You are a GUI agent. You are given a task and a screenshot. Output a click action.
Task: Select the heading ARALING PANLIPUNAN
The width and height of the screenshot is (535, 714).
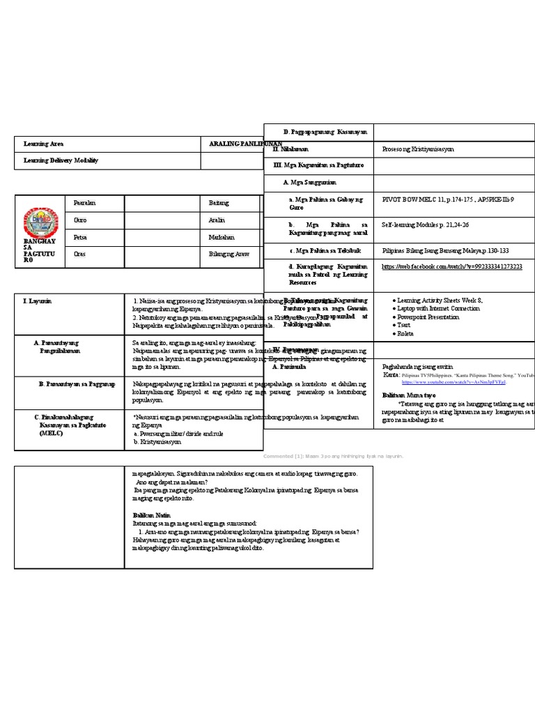pyautogui.click(x=236, y=143)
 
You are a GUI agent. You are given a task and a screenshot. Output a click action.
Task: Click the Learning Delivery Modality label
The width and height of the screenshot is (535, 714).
pyautogui.click(x=61, y=160)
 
